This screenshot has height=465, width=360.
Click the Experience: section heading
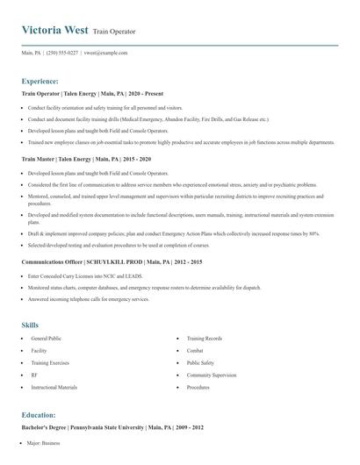tap(40, 80)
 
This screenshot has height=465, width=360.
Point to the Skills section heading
tap(30, 325)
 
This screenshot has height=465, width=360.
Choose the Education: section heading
tap(39, 414)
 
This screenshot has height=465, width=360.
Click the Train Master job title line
tap(86, 160)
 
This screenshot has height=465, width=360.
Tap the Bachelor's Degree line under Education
tap(112, 427)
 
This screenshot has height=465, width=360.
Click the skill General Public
tap(45, 338)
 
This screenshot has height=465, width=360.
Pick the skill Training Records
tap(204, 338)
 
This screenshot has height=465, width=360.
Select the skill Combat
tap(196, 350)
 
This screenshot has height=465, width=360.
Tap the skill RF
tap(34, 375)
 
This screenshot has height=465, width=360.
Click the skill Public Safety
tap(201, 362)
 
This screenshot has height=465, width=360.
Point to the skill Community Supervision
tap(212, 375)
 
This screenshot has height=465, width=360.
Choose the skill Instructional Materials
tap(54, 387)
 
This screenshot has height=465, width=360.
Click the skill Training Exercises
tap(49, 362)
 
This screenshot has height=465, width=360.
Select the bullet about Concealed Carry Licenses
tap(84, 275)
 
